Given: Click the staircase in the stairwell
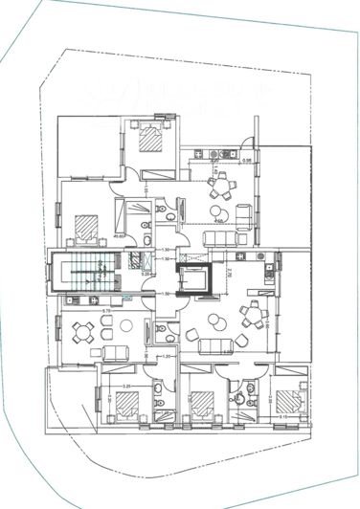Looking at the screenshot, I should pos(84,273).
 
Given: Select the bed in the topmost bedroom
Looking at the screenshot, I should pos(151,140).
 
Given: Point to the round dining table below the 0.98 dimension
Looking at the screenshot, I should pos(221,184).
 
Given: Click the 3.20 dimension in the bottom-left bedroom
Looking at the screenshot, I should pos(125,386).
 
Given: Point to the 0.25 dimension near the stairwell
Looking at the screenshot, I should pos(146,274).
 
